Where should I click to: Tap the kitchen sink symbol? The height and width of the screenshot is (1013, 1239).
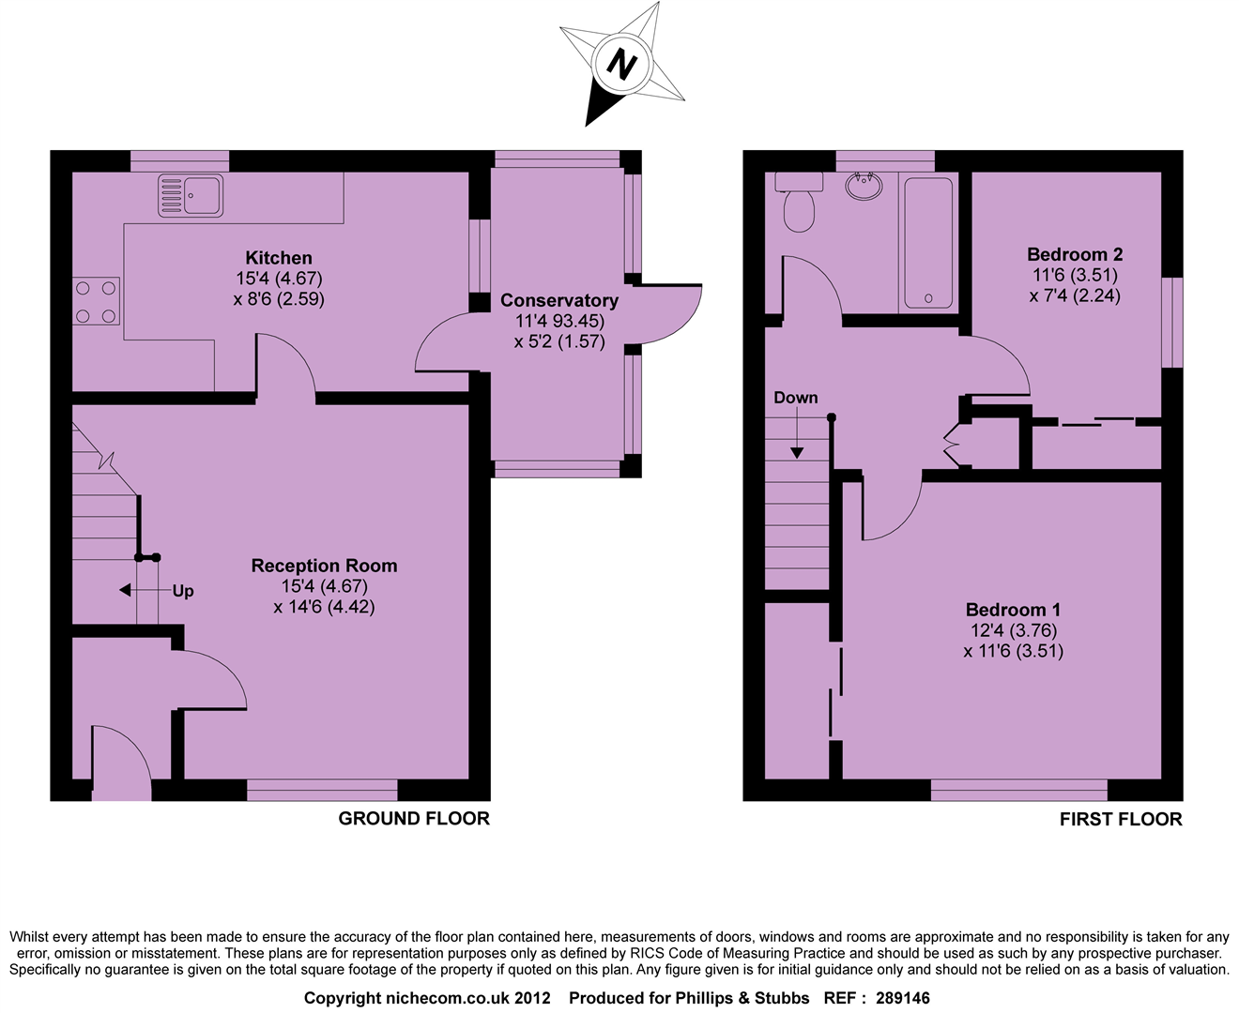191,195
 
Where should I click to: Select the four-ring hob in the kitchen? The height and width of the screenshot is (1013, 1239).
97,302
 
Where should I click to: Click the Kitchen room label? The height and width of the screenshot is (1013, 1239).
279,258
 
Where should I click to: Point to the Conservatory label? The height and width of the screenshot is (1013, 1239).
559,300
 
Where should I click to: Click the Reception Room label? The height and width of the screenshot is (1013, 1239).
324,566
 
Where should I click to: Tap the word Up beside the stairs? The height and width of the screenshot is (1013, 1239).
183,591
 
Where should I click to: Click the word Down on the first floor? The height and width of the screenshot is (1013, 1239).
795,398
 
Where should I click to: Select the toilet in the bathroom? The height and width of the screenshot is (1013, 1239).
800,207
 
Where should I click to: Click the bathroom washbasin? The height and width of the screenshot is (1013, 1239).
864,186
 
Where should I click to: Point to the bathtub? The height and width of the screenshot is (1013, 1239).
928,242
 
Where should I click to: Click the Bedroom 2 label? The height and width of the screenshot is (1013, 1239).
1075,254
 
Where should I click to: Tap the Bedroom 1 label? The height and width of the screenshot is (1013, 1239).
1013,610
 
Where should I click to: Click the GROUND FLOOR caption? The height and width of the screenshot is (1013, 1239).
414,819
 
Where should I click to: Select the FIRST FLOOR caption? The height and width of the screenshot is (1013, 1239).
1121,820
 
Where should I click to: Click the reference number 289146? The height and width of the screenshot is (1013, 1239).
902,998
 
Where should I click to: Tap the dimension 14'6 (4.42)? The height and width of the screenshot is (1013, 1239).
324,607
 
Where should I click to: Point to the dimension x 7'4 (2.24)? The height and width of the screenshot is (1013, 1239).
1075,295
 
